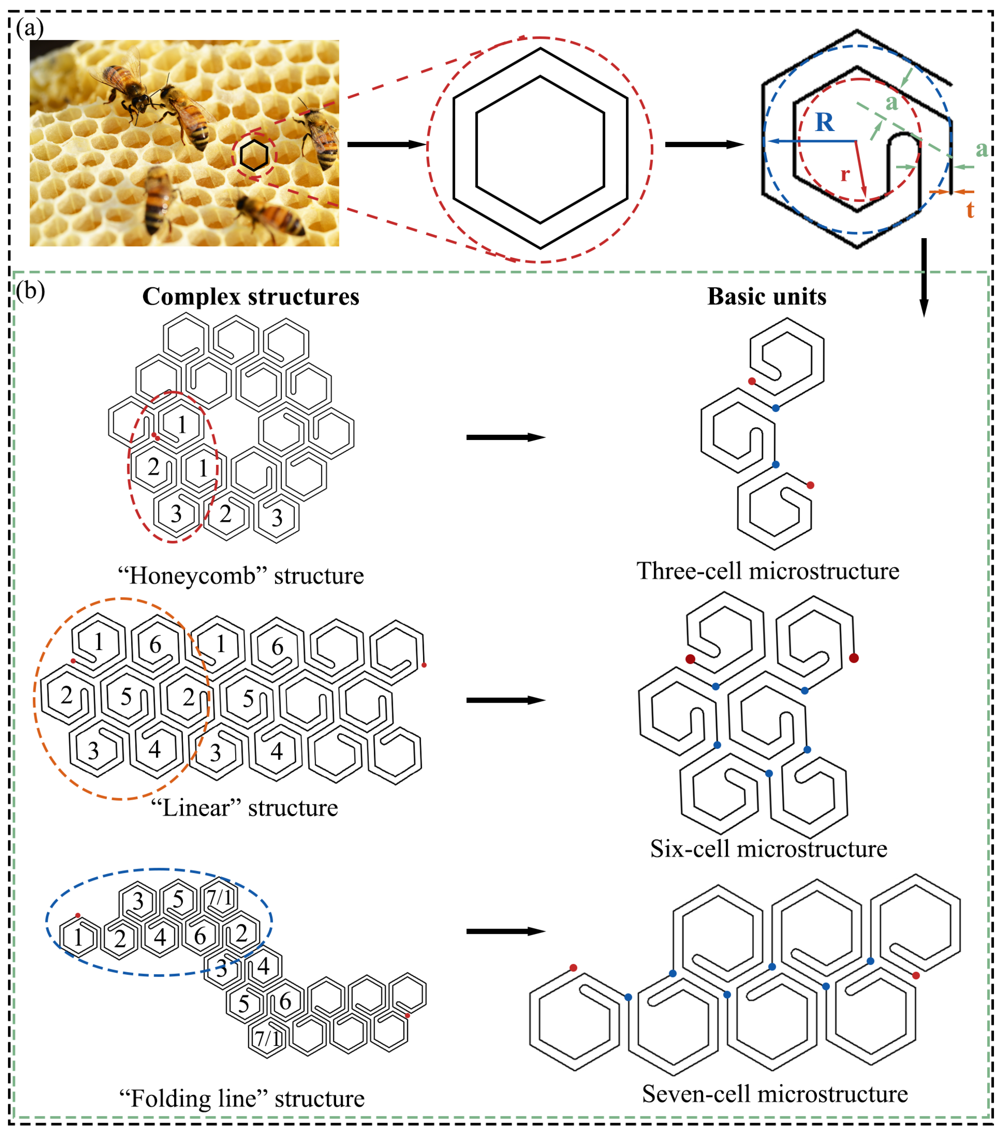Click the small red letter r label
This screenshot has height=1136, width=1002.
[x=845, y=174]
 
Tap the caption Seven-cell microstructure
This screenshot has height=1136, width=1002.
[x=775, y=1094]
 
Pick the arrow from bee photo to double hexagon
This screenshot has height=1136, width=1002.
[x=385, y=145]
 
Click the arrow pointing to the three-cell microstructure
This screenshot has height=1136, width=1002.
[x=505, y=438]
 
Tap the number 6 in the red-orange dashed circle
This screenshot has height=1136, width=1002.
[x=155, y=645]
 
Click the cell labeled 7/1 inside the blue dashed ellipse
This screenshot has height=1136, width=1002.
[x=220, y=897]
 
